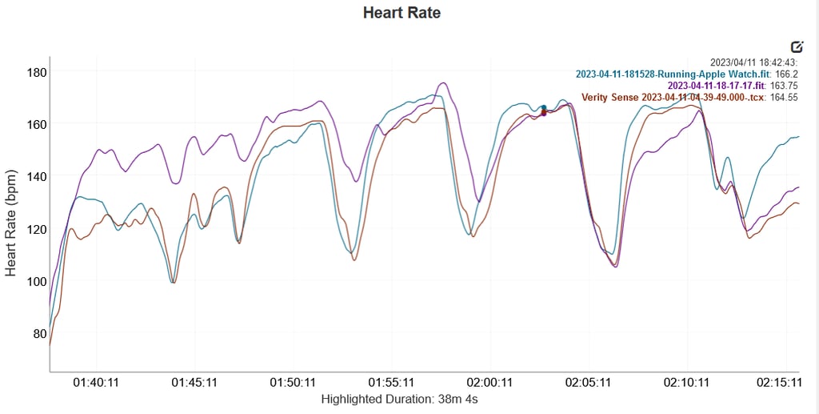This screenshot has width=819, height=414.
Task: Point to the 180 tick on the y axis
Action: [38, 72]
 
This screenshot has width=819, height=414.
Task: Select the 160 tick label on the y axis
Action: [38, 124]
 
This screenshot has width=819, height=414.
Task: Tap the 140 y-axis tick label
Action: [38, 176]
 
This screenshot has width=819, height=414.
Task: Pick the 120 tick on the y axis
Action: [38, 229]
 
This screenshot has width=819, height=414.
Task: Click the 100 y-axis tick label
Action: [38, 281]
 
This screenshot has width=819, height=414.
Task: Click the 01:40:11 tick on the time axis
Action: [96, 383]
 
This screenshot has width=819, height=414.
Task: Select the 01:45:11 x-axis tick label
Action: [194, 383]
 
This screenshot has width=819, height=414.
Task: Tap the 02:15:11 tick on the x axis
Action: [780, 383]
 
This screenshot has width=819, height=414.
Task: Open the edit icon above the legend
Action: [797, 46]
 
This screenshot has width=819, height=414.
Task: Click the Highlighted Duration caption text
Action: [399, 398]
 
